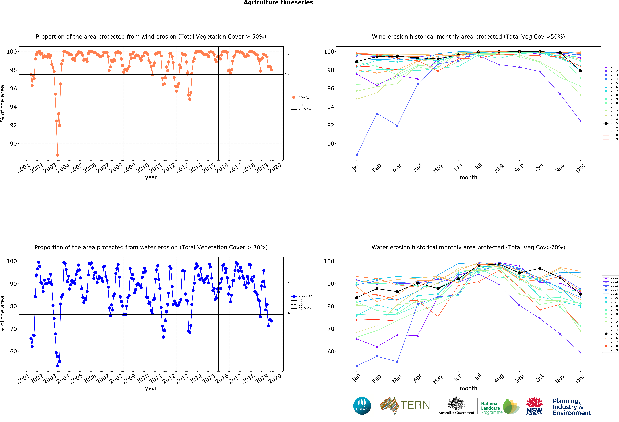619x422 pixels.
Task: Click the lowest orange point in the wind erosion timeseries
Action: coord(57,155)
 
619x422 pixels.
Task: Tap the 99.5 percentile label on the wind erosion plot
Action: coord(286,55)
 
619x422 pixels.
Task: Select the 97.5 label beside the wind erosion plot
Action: coord(286,73)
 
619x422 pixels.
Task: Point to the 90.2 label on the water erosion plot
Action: coord(286,282)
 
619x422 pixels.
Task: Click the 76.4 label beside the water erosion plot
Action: coord(286,313)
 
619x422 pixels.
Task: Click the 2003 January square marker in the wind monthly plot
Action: coord(357,155)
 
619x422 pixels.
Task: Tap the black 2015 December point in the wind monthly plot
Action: coord(580,71)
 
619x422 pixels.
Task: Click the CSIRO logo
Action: coord(362,406)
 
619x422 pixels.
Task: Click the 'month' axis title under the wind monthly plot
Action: coord(468,177)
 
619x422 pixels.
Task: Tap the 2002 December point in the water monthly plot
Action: coord(580,352)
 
